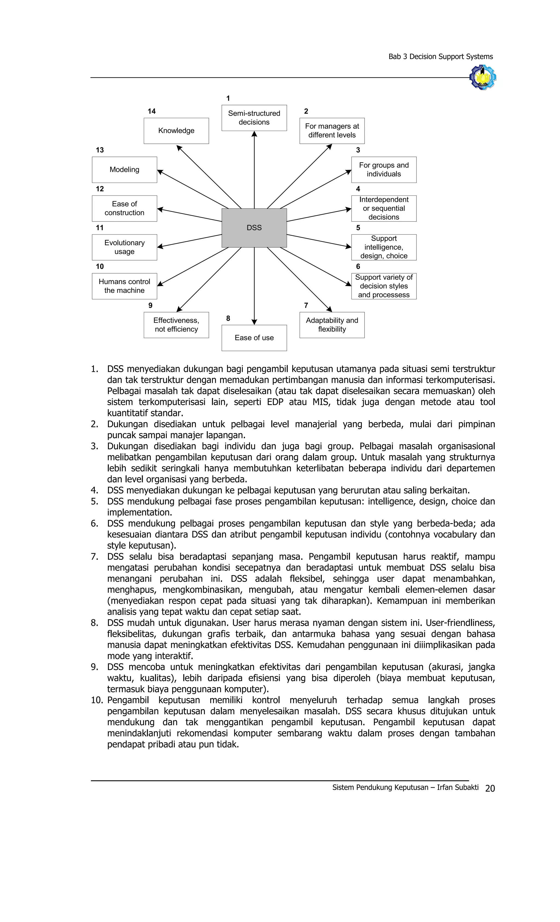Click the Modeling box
[x=124, y=169]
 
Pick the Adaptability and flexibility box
[x=332, y=325]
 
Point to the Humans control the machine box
[x=124, y=286]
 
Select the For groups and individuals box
[x=384, y=169]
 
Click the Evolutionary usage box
[x=124, y=247]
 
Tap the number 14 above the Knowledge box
[x=151, y=111]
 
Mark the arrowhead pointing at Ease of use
[x=254, y=322]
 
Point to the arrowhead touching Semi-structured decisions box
[x=254, y=134]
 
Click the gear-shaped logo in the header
[x=483, y=77]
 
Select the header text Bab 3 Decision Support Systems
[x=440, y=57]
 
